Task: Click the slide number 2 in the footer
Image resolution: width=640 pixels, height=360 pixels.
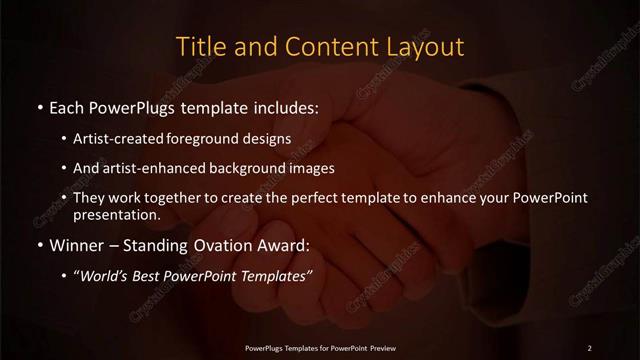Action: click(590, 347)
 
